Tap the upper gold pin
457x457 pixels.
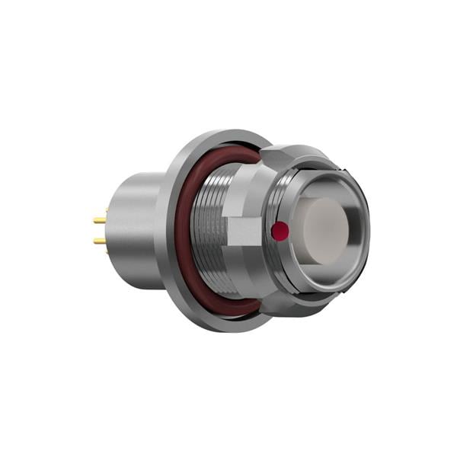click(x=100, y=219)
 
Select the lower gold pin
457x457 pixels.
click(x=100, y=241)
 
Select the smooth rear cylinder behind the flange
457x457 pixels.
click(x=137, y=228)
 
